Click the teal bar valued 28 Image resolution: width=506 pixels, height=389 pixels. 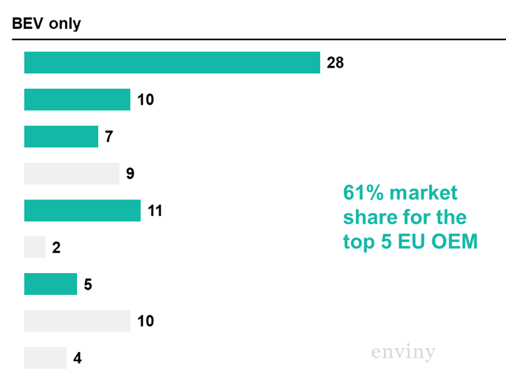172,63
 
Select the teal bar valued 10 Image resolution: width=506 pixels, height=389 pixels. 77,99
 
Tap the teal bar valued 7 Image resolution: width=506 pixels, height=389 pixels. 61,136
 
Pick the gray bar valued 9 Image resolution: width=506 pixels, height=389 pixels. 71,174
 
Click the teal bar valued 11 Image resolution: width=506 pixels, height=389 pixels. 82,211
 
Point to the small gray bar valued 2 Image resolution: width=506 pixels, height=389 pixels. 34,247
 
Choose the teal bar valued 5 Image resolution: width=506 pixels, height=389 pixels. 50,284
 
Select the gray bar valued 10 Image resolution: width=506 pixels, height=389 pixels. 77,321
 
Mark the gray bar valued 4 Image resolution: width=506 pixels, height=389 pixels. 45,358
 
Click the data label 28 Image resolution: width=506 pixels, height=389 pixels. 335,63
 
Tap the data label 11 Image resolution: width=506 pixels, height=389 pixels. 155,211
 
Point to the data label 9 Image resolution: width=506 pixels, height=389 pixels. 130,174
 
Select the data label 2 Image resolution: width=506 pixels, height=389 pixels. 56,248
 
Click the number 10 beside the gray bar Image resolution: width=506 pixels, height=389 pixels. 146,321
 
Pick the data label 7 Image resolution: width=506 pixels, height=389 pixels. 109,137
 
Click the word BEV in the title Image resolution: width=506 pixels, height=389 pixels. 27,24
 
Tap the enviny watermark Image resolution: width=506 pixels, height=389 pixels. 403,352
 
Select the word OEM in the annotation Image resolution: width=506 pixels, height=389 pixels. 454,242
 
